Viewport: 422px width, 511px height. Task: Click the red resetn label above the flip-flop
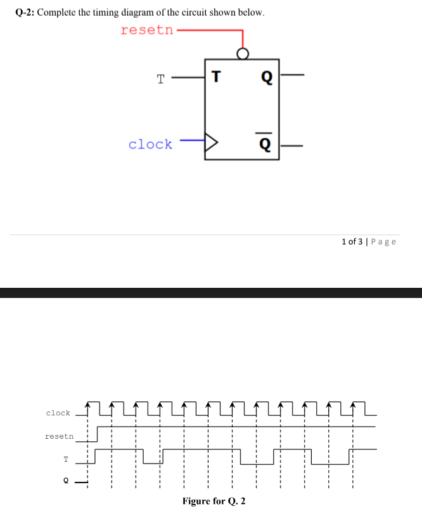point(146,30)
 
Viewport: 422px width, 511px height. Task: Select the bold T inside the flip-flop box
point(216,77)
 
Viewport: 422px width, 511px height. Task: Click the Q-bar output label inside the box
point(266,143)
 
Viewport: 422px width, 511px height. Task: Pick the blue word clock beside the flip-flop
point(150,145)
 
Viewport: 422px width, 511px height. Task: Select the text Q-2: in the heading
point(24,13)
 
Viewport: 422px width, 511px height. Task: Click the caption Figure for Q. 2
point(214,501)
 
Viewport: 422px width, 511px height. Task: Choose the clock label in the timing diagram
point(58,413)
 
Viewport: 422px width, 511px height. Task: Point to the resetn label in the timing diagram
point(59,436)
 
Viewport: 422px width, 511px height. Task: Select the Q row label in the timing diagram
point(65,481)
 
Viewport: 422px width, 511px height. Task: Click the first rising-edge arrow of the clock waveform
point(88,404)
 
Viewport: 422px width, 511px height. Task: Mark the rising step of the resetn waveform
point(96,434)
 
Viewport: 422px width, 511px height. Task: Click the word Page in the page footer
point(383,241)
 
